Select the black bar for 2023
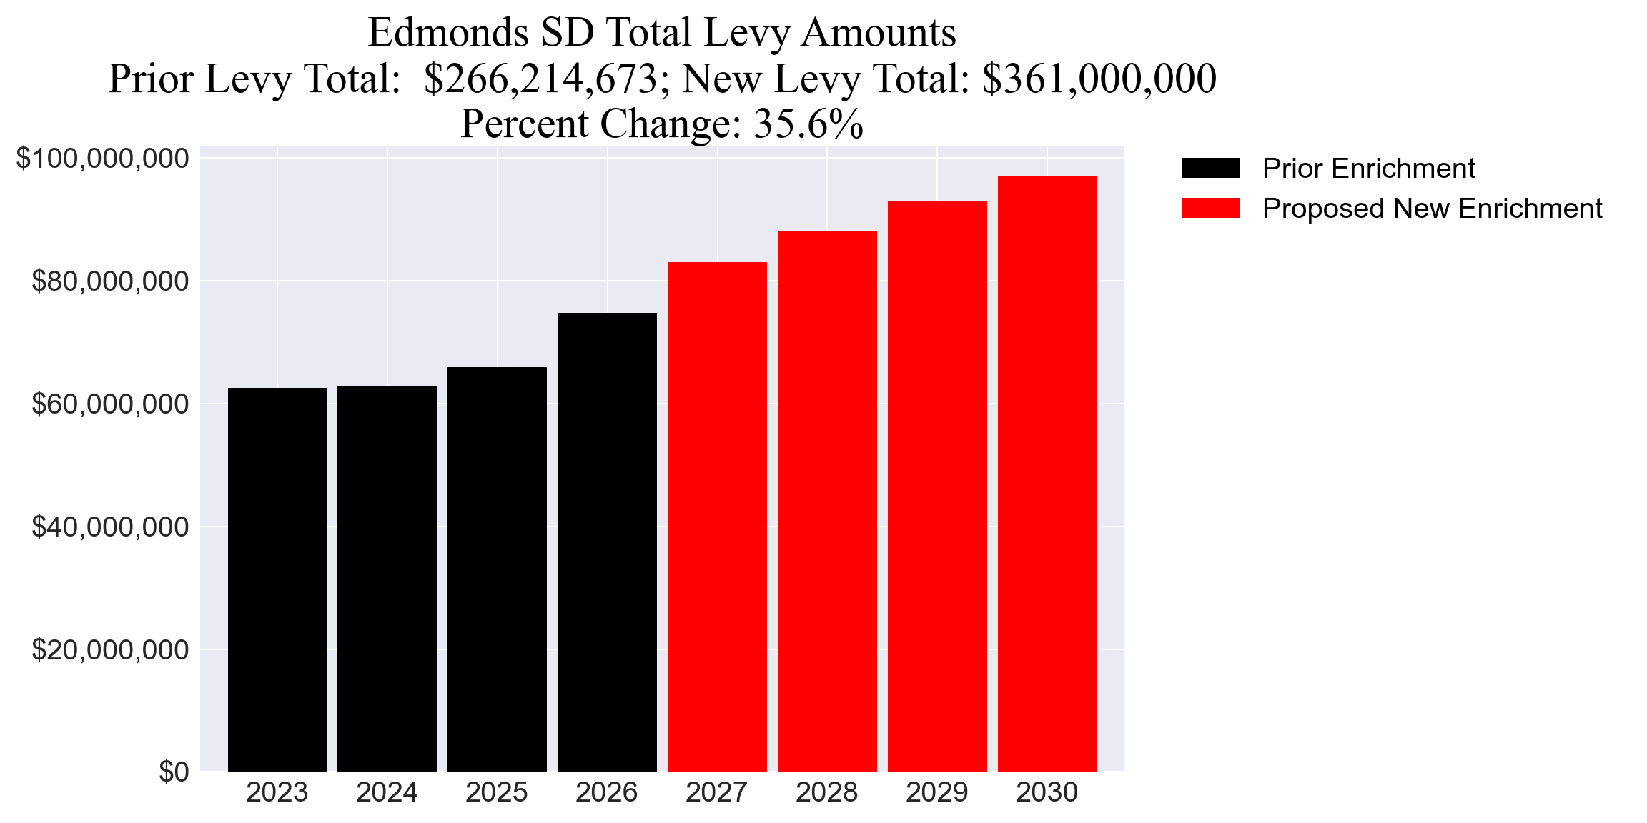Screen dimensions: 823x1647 pos(277,579)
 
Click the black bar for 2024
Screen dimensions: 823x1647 pos(387,579)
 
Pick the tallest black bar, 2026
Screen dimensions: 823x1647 pos(607,543)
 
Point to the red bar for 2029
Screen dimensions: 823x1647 pos(937,486)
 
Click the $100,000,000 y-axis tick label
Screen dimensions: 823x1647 pos(103,159)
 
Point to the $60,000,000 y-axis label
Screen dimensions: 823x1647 pos(110,404)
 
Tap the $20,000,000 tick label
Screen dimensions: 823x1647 pos(110,649)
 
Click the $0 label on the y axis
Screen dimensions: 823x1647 pos(174,772)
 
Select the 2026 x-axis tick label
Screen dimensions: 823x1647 pos(606,793)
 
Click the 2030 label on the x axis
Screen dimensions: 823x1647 pos(1047,793)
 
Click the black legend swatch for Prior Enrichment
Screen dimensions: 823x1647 pos(1210,169)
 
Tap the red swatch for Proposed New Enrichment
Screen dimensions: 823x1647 pos(1210,209)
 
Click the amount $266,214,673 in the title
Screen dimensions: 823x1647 pos(540,79)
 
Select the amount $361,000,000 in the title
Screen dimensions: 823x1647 pos(1099,79)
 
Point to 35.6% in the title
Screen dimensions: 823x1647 pos(808,124)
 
